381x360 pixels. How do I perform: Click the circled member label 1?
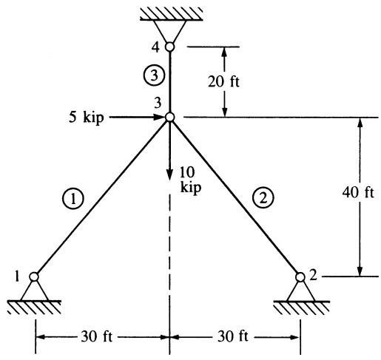click(x=73, y=199)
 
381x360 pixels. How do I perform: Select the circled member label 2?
click(x=263, y=198)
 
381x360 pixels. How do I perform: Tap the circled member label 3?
click(x=154, y=75)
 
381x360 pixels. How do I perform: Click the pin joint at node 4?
click(x=169, y=47)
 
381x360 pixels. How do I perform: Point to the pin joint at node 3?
click(x=169, y=118)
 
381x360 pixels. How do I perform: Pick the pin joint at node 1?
click(x=34, y=276)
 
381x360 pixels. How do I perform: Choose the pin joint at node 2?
click(x=300, y=277)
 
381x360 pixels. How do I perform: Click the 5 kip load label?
click(x=87, y=118)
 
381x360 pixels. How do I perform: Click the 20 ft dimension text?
click(x=223, y=81)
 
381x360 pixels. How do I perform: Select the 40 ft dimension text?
click(x=358, y=192)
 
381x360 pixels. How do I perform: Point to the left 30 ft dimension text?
click(x=97, y=336)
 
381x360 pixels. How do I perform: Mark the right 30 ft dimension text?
click(x=233, y=336)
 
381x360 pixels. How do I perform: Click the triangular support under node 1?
click(x=34, y=291)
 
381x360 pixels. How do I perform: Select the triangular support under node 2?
click(x=300, y=291)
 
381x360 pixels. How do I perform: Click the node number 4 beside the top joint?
click(x=155, y=47)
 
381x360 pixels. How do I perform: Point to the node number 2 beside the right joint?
click(x=313, y=276)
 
